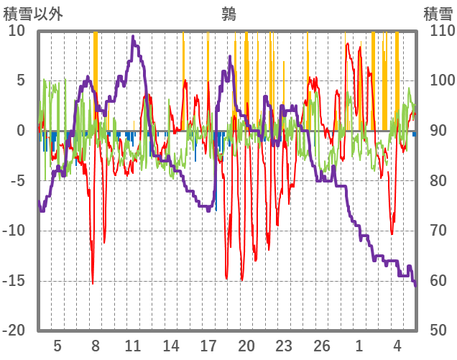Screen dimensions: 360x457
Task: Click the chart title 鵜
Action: (229, 13)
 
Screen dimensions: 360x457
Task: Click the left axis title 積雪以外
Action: (33, 13)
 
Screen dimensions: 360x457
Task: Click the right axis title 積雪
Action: (436, 13)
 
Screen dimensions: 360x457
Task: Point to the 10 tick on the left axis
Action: (16, 31)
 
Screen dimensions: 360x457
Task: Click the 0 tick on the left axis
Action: (20, 131)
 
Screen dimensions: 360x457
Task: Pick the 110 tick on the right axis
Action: (438, 31)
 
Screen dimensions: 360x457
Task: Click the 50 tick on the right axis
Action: (435, 331)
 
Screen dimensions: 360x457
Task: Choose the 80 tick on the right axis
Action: (435, 181)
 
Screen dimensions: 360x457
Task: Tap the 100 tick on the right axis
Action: (438, 81)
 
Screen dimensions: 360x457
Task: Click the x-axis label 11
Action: (133, 345)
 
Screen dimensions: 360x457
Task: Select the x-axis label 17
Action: (208, 345)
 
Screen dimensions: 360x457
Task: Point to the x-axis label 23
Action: (284, 345)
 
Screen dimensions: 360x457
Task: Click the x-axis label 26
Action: (322, 345)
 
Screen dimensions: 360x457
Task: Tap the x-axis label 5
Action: (57, 345)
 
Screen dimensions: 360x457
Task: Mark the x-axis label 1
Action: (359, 345)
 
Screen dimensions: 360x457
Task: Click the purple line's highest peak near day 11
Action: (133, 37)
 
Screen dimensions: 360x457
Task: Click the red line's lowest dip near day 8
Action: (93, 283)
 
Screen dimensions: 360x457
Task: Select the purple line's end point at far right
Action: (415, 285)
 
